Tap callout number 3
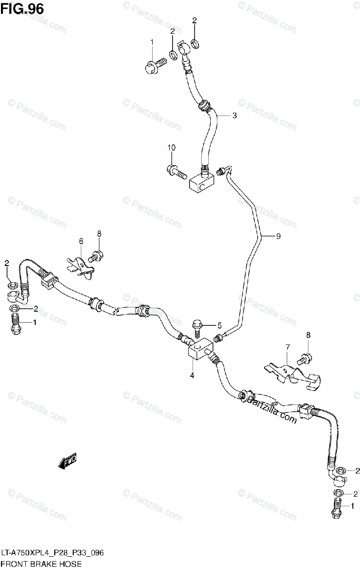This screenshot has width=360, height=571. tap(234, 115)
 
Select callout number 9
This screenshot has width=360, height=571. tap(278, 236)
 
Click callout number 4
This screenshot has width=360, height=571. tap(192, 375)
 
